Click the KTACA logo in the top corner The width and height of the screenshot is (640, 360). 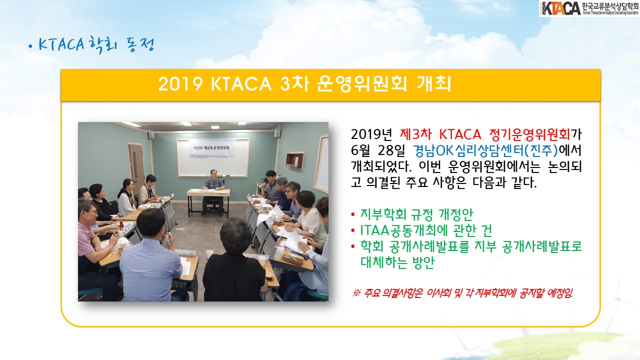(589, 8)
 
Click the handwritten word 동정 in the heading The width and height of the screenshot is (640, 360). (140, 44)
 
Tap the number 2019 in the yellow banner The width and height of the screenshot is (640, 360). (180, 84)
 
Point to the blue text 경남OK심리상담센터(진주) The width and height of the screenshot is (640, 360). (485, 150)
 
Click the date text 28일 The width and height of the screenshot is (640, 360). (391, 150)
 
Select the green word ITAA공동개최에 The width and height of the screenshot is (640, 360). (403, 230)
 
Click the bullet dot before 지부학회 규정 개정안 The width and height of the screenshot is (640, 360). (353, 214)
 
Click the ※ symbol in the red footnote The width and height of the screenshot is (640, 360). (357, 293)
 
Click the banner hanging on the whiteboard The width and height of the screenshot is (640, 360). (212, 148)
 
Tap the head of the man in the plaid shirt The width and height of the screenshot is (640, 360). (213, 174)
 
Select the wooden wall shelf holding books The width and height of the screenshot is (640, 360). (295, 160)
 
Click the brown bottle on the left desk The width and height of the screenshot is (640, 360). (121, 226)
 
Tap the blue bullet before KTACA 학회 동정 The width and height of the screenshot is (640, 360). (31, 47)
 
